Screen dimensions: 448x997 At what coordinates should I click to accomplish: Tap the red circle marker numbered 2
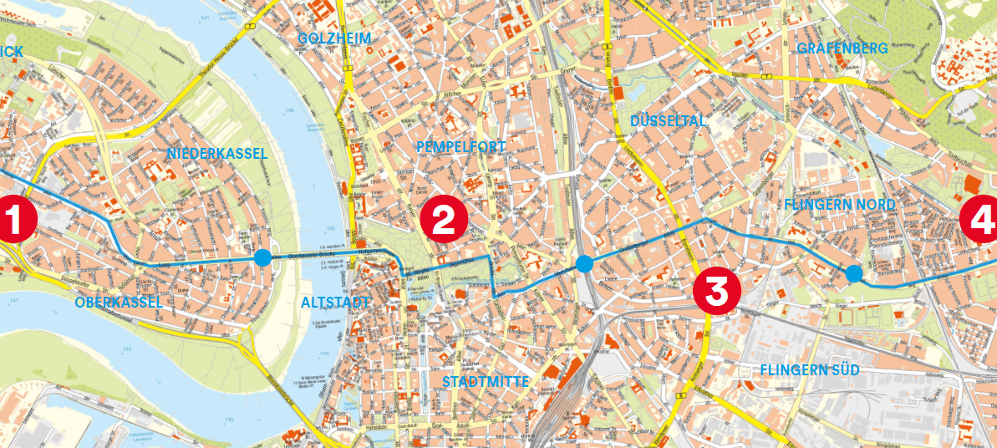pyautogui.click(x=443, y=220)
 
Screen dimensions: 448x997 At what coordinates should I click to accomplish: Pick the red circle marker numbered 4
pyautogui.click(x=980, y=220)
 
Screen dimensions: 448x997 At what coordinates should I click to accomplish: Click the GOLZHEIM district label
pyautogui.click(x=334, y=38)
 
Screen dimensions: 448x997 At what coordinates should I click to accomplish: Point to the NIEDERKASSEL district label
pyautogui.click(x=216, y=154)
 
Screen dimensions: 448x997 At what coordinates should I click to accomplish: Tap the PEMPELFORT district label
pyautogui.click(x=460, y=147)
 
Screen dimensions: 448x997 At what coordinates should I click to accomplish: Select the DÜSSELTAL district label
pyautogui.click(x=668, y=121)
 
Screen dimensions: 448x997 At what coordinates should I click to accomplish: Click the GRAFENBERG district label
pyautogui.click(x=842, y=48)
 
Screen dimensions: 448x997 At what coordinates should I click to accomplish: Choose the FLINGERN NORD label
pyautogui.click(x=840, y=204)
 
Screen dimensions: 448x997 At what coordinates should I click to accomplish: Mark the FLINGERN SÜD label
pyautogui.click(x=810, y=369)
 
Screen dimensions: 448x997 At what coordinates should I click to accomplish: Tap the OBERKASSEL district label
pyautogui.click(x=118, y=303)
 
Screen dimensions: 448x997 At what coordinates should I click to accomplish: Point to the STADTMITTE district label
pyautogui.click(x=486, y=382)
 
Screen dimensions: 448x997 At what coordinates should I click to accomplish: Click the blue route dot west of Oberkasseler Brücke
pyautogui.click(x=263, y=257)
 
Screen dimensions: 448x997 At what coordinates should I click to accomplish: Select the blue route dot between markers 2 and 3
pyautogui.click(x=584, y=264)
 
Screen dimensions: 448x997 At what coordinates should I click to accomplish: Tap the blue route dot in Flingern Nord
pyautogui.click(x=853, y=272)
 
